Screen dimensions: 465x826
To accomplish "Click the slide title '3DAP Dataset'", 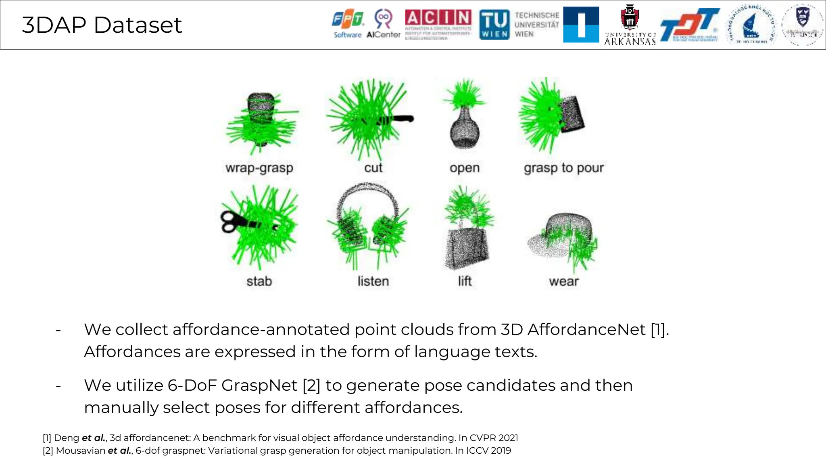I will click(x=102, y=25).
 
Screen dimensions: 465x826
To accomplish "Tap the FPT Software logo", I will click(x=348, y=24).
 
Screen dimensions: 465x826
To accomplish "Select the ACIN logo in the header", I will click(x=438, y=24).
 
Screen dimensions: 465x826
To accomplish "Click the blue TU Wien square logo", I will click(x=494, y=25).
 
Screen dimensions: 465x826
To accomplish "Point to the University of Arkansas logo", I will click(x=630, y=25).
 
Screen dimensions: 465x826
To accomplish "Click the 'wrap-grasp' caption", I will click(x=259, y=168).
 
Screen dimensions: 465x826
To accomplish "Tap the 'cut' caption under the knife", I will click(x=373, y=168).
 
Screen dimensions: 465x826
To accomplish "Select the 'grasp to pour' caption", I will click(x=564, y=168).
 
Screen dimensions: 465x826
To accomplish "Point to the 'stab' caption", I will click(x=259, y=281).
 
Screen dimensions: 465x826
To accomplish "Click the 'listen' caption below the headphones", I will click(x=373, y=281).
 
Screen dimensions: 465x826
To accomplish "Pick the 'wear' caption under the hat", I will click(x=564, y=281).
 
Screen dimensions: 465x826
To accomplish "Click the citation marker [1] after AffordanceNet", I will click(x=659, y=330).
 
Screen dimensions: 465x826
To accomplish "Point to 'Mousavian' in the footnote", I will click(x=80, y=450).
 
